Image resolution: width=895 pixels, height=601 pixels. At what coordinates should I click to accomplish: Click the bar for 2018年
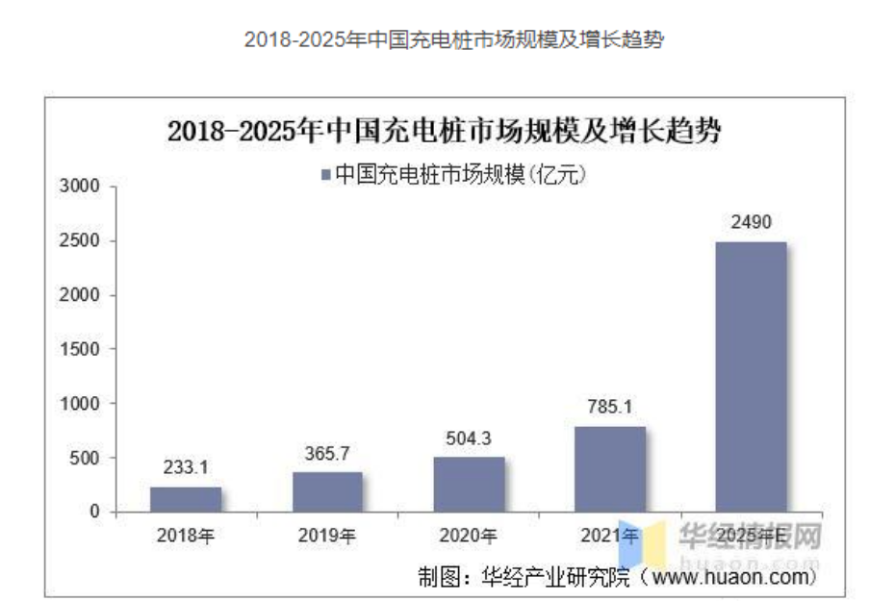pyautogui.click(x=186, y=499)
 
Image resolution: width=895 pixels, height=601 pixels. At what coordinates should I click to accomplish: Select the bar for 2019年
pyautogui.click(x=328, y=491)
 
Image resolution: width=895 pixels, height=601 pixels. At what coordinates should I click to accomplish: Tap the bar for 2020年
pyautogui.click(x=469, y=484)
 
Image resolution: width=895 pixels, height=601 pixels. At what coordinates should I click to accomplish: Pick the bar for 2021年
pyautogui.click(x=610, y=469)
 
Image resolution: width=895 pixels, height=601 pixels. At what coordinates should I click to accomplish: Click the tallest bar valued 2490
pyautogui.click(x=752, y=376)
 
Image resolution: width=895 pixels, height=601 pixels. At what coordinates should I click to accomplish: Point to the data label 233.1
pyautogui.click(x=186, y=468)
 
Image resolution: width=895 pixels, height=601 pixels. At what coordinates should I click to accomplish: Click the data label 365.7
pyautogui.click(x=328, y=453)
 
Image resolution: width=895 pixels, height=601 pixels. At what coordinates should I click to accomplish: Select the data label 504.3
pyautogui.click(x=469, y=438)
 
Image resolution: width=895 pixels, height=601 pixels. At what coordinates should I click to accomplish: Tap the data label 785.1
pyautogui.click(x=610, y=408)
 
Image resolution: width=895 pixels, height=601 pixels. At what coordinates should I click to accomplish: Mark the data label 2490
pyautogui.click(x=752, y=223)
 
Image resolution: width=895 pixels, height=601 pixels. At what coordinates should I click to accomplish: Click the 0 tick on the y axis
pyautogui.click(x=94, y=512)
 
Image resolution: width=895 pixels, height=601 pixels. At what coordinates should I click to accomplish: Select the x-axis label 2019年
pyautogui.click(x=328, y=536)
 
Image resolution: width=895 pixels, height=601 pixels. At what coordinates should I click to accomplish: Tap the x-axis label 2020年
pyautogui.click(x=469, y=536)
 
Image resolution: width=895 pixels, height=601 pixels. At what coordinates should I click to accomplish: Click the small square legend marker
pyautogui.click(x=325, y=174)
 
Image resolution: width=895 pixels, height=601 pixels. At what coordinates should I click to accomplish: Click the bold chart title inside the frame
pyautogui.click(x=445, y=132)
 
